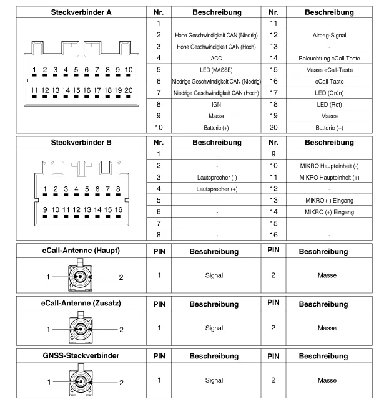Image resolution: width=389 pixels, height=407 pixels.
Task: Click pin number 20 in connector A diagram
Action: click(x=128, y=90)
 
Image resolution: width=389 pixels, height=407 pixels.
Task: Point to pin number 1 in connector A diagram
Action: click(x=35, y=70)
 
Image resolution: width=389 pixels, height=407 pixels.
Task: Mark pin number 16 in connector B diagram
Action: click(x=117, y=209)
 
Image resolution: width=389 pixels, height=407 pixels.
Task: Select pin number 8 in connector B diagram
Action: click(x=117, y=189)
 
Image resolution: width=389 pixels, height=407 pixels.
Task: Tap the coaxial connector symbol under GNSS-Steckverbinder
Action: click(x=80, y=381)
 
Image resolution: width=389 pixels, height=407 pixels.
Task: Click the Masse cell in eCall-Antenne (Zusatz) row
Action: click(x=327, y=328)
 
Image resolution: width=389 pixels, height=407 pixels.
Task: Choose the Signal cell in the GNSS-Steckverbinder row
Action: click(x=214, y=380)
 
